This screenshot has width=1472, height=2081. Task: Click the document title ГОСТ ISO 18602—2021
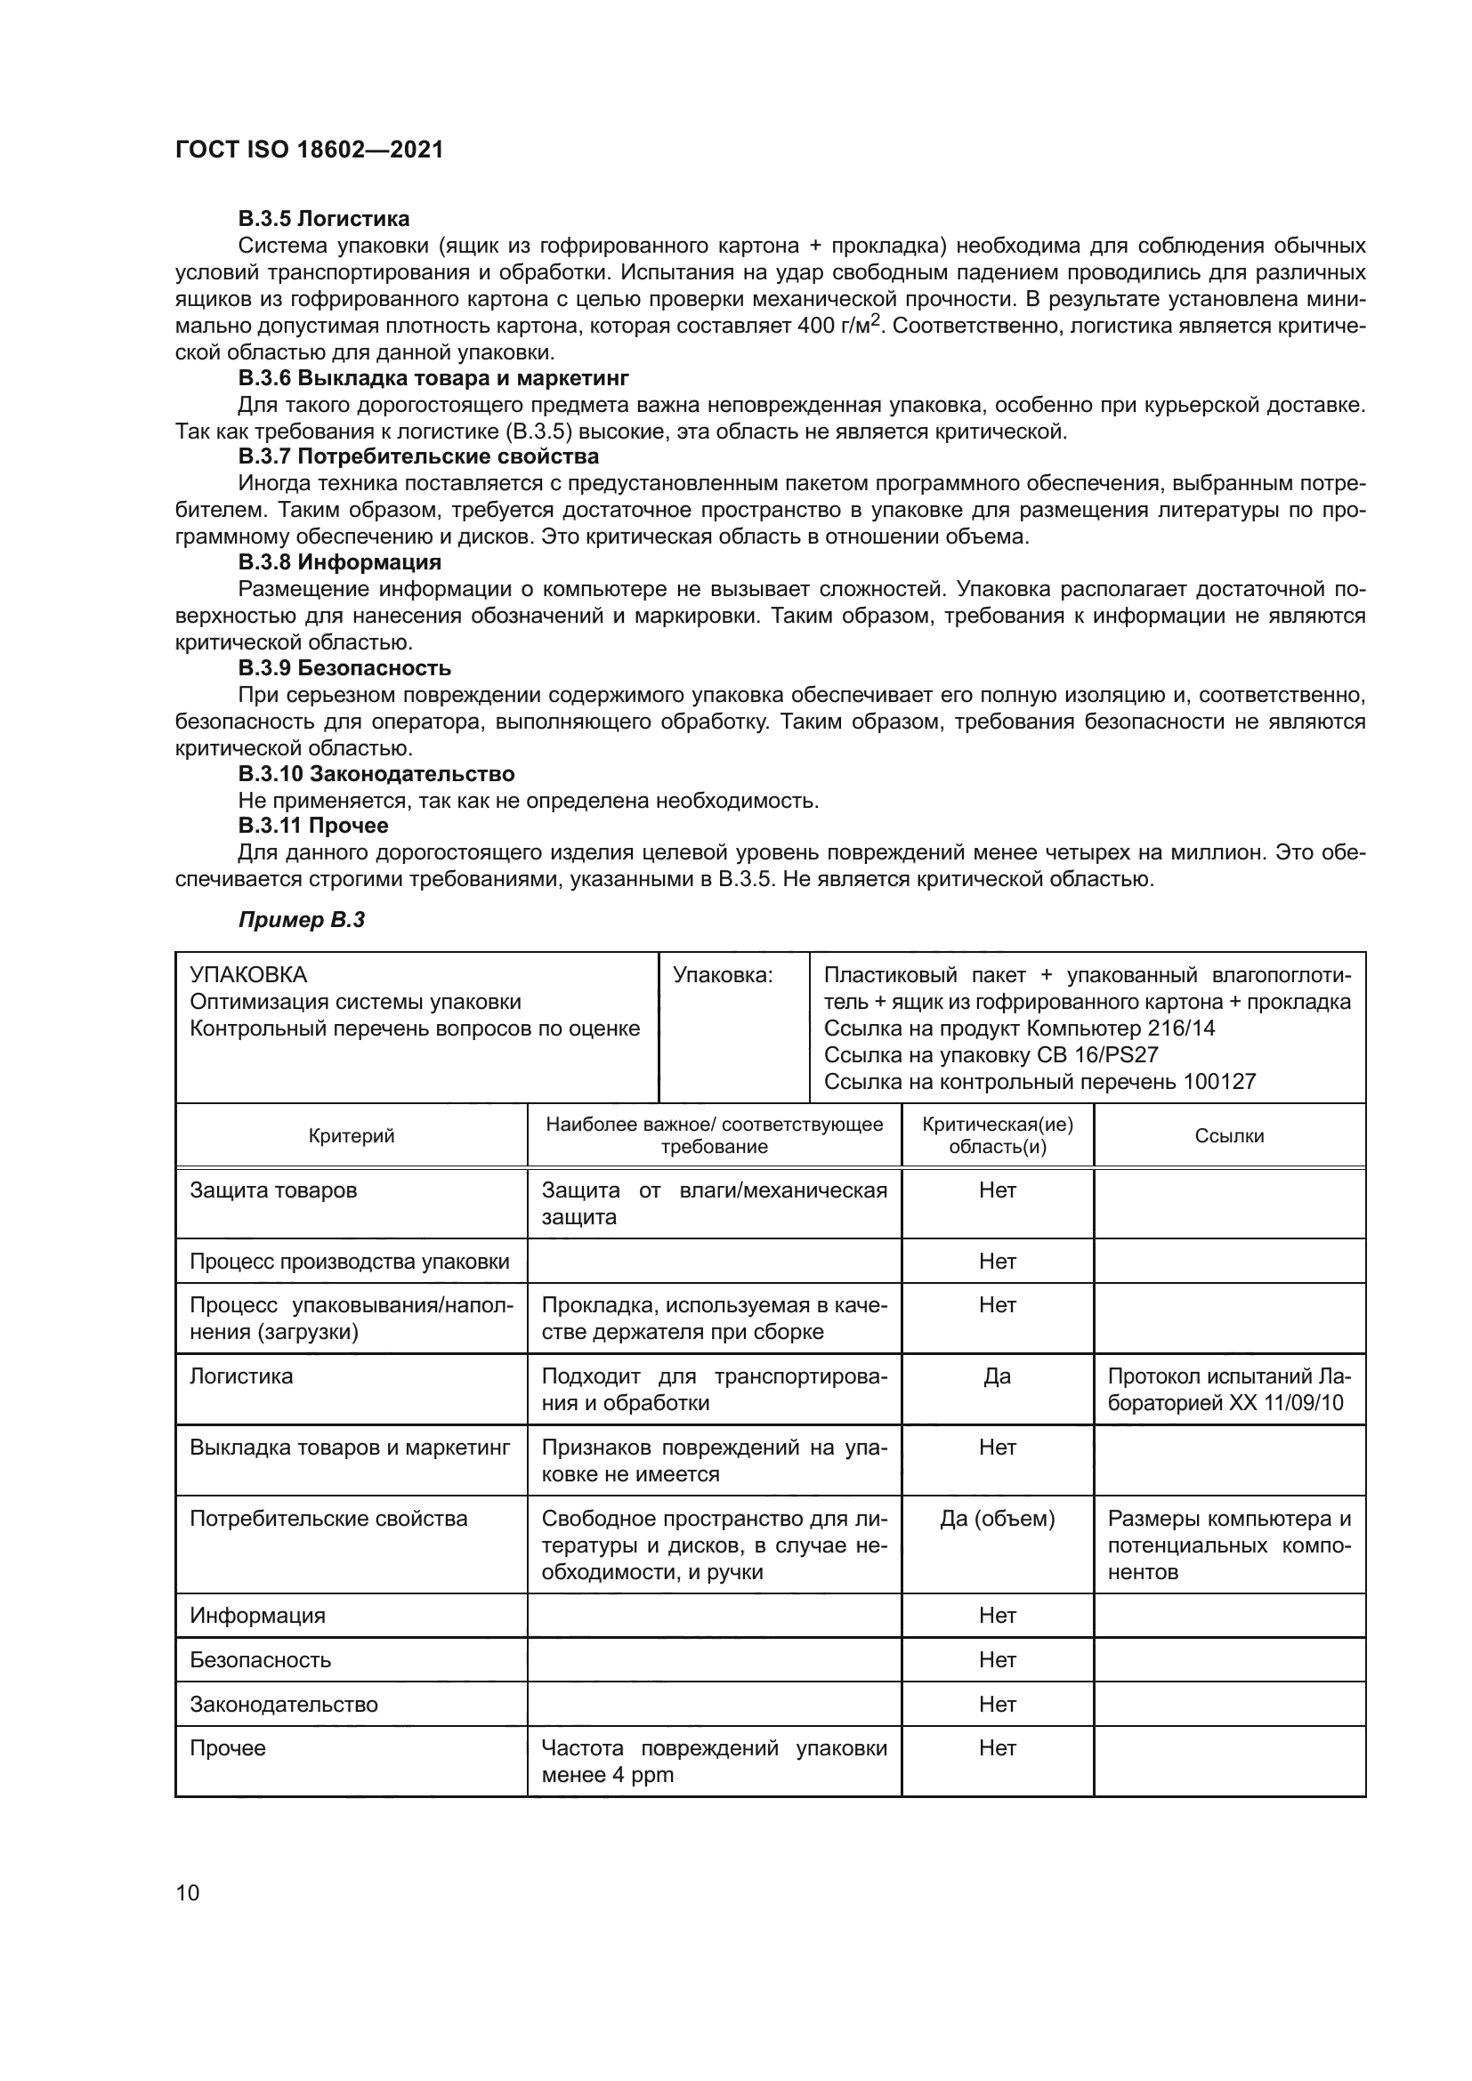pos(309,149)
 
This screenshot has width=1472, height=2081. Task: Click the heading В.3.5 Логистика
pos(324,219)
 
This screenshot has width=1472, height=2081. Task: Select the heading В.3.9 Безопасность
pos(344,668)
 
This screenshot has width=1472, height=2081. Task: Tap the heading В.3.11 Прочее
pos(312,826)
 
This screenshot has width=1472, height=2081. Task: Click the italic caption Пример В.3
pos(301,920)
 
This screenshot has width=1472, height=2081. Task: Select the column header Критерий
pos(352,1135)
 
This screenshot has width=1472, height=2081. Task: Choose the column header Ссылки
pos(1229,1135)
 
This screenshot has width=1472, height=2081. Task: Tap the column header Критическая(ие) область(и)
pos(997,1135)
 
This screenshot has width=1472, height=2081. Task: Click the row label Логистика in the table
pos(241,1376)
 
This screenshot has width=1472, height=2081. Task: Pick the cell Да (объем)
pos(997,1519)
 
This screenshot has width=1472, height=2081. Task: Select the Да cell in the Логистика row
pos(997,1376)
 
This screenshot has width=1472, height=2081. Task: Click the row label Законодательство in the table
pos(284,1705)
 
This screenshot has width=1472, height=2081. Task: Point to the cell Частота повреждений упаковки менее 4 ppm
pos(714,1761)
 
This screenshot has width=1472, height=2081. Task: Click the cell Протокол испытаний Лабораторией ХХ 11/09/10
pos(1228,1391)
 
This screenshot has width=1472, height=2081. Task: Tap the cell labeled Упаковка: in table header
pos(723,975)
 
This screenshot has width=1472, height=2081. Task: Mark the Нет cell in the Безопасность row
pos(997,1660)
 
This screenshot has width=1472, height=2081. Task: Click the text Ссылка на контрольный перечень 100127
pos(1039,1081)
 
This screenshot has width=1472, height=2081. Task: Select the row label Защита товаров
pos(273,1190)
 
